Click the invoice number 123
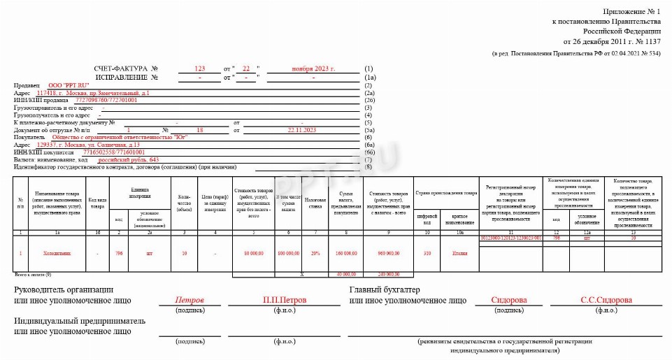(200, 69)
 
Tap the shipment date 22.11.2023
(302, 130)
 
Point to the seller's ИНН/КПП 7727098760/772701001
(106, 100)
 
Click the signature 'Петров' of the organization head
(190, 300)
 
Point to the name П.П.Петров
(285, 300)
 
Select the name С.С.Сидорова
(606, 300)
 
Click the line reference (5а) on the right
(370, 130)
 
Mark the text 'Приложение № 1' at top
(631, 13)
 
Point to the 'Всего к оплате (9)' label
(28, 274)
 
